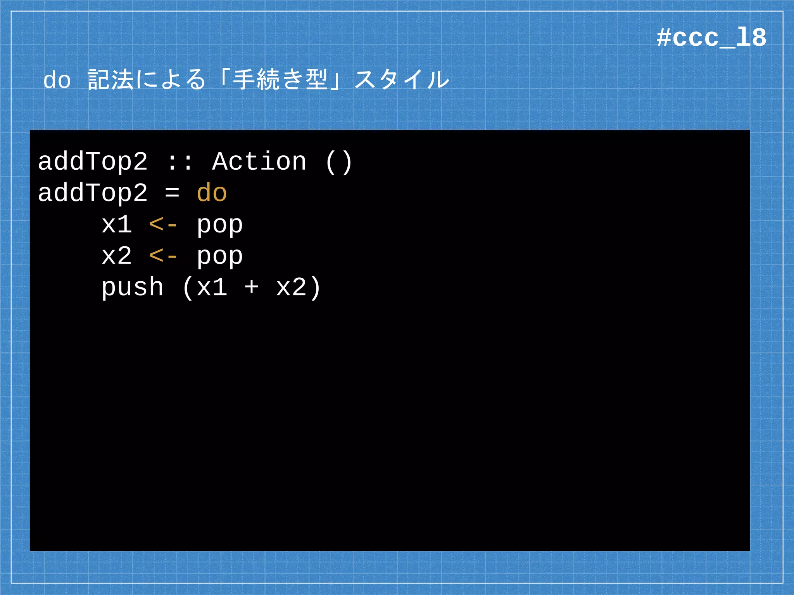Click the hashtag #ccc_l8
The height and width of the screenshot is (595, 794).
[x=711, y=38]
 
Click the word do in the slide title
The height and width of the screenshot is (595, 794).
[x=57, y=80]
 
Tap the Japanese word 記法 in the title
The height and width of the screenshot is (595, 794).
[x=110, y=80]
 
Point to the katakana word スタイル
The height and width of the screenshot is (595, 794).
[x=402, y=80]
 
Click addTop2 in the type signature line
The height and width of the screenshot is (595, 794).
[x=93, y=162]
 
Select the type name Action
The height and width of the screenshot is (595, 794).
[x=259, y=162]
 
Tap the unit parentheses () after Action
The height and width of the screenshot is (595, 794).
[x=338, y=162]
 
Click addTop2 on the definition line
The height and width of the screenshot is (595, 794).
[x=93, y=193]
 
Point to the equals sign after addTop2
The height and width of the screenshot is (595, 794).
[x=172, y=193]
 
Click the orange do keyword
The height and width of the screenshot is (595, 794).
[x=211, y=193]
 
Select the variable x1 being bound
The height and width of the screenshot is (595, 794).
[x=116, y=224]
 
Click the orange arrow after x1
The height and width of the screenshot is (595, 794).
[x=163, y=225]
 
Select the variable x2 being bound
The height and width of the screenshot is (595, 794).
[x=116, y=256]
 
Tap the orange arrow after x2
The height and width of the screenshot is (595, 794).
[x=163, y=256]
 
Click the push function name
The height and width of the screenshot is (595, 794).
[x=132, y=288]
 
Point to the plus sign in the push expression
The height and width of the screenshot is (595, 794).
[x=251, y=288]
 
